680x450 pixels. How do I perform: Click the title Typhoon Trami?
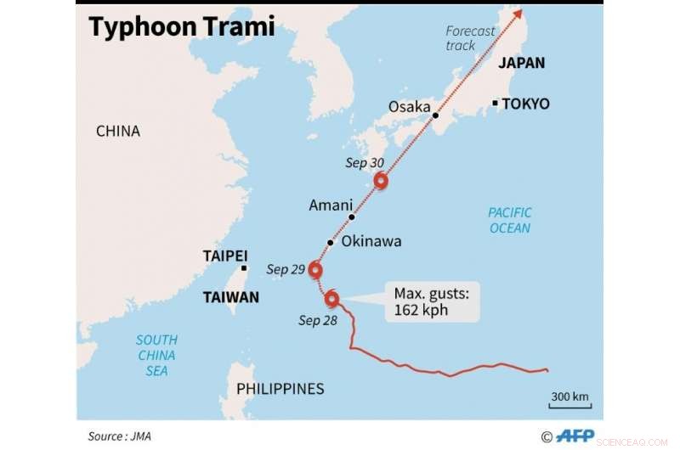point(182,27)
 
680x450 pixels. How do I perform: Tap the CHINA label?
point(117,132)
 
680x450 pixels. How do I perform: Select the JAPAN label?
point(521,63)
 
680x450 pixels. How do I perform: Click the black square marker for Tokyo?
point(495,104)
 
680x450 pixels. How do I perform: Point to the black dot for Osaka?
point(434,115)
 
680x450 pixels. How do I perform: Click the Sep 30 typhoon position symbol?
point(381,180)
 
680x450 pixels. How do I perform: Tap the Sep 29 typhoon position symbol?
point(315,270)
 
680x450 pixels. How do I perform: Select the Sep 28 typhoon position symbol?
point(332,299)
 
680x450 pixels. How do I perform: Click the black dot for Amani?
point(350,217)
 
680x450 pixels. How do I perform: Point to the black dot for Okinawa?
point(330,242)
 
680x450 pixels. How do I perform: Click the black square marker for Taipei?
point(244,268)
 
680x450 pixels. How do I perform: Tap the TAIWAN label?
point(231,298)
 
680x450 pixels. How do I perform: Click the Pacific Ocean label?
point(510,220)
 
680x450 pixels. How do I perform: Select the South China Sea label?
point(156,355)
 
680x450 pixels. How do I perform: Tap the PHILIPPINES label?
point(280,389)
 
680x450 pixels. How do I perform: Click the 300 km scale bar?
point(569,405)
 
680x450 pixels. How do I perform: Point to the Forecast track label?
point(470,38)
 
